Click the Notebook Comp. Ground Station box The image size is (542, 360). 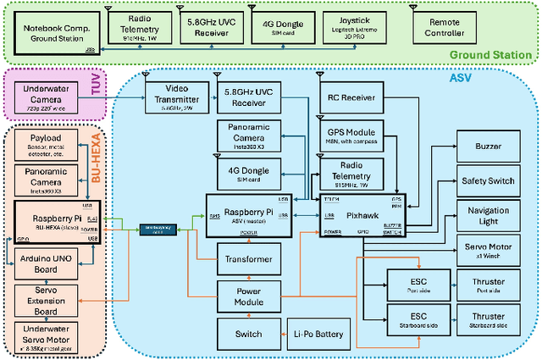[54, 31]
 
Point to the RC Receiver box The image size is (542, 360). [351, 97]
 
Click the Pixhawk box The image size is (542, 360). [363, 214]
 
